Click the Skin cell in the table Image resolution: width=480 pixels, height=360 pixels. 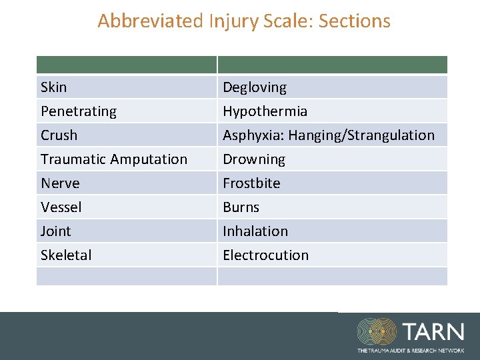click(x=54, y=87)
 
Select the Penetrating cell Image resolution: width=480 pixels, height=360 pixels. click(x=79, y=111)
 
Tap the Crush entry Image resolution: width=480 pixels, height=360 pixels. click(x=59, y=135)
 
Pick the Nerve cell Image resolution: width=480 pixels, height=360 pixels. click(x=60, y=183)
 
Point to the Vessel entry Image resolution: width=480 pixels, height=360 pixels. click(x=61, y=207)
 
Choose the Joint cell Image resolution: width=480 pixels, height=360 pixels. click(x=56, y=231)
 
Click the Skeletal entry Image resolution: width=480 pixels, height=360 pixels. click(x=67, y=255)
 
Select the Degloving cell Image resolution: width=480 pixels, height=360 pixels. click(x=255, y=87)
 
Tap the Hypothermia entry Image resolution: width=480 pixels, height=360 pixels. click(x=265, y=111)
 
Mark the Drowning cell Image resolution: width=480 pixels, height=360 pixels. click(x=254, y=159)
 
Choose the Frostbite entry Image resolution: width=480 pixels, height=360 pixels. click(x=252, y=183)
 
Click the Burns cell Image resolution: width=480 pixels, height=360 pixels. click(x=241, y=207)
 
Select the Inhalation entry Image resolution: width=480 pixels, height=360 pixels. click(x=255, y=231)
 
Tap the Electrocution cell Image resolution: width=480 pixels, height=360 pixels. click(x=266, y=255)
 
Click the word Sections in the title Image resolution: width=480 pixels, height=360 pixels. click(x=355, y=21)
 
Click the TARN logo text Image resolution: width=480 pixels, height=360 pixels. click(x=433, y=331)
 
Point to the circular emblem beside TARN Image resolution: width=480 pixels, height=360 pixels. click(x=377, y=332)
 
